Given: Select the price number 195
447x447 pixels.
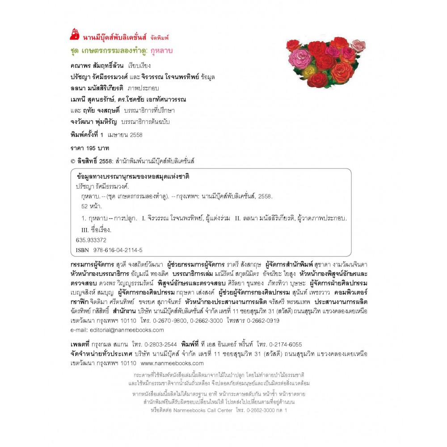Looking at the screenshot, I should click(93, 148).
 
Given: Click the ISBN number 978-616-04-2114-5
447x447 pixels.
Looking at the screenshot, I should click(117, 250).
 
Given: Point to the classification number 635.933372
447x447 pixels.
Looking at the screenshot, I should click(91, 240).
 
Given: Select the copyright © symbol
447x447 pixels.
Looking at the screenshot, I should click(73, 160).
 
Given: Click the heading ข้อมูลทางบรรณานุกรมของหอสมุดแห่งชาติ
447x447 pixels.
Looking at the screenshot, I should click(133, 177).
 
